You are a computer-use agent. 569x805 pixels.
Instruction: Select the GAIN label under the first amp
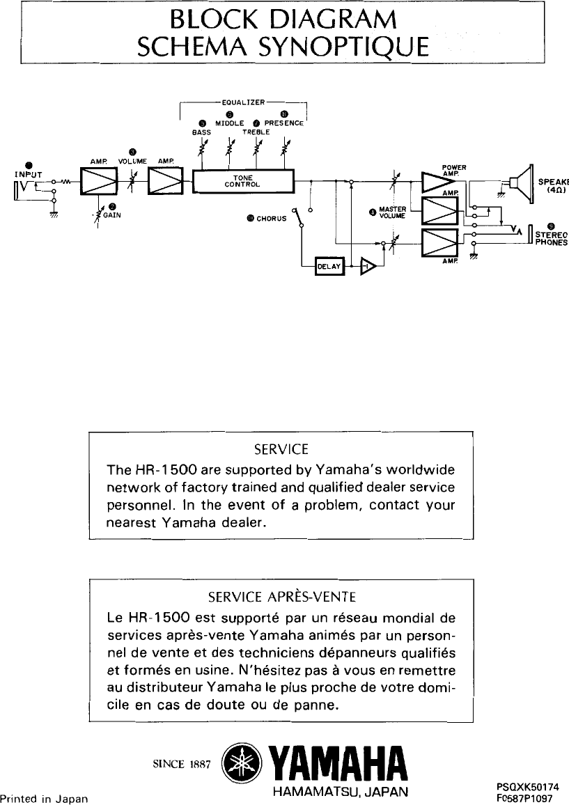pos(112,215)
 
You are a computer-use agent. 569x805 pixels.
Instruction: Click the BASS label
pos(201,131)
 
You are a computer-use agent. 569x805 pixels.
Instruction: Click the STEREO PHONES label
pos(551,239)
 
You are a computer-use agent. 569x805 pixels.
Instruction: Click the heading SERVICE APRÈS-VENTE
pos(282,596)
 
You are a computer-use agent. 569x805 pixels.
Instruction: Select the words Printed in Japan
pos(44,799)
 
